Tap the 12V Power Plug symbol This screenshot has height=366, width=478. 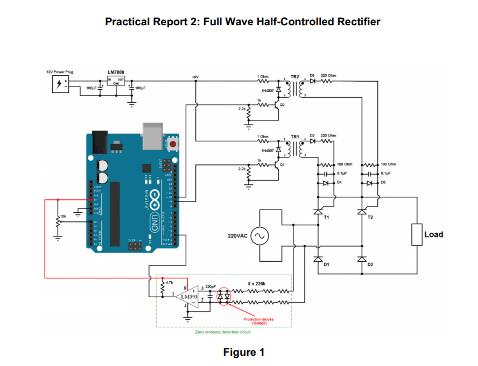(x=59, y=84)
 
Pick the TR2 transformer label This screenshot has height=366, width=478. (x=294, y=77)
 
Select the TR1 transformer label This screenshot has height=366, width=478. (x=294, y=137)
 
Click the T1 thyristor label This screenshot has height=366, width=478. (x=326, y=217)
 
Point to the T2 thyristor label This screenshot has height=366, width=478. (x=370, y=217)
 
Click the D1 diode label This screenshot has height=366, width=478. (x=326, y=264)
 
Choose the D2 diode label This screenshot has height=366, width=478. (x=370, y=264)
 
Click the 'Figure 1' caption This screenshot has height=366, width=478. (x=244, y=352)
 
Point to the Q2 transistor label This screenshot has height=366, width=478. (x=282, y=105)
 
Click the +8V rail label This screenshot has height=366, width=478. (x=195, y=77)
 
